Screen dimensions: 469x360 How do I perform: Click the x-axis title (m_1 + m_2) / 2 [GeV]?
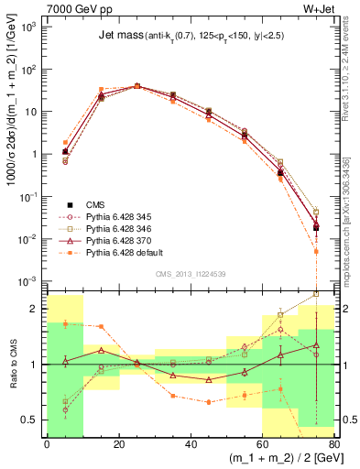(275, 458)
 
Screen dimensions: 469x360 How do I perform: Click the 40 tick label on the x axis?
(191, 444)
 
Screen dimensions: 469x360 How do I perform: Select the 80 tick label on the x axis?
(334, 444)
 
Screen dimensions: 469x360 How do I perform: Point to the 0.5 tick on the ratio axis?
(33, 420)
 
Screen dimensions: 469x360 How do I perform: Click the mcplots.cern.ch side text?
(349, 229)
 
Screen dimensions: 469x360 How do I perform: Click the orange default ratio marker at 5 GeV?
(65, 323)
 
